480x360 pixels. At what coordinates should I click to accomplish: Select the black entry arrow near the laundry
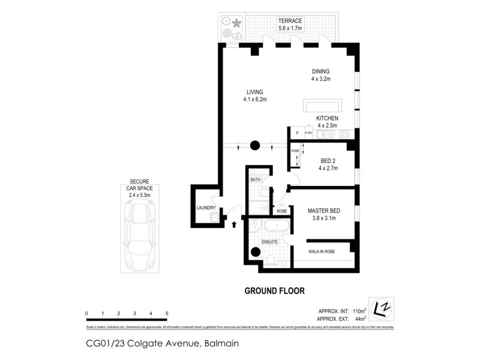tap(234, 225)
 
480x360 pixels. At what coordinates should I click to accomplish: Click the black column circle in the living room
tap(254, 145)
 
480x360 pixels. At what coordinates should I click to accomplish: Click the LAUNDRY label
tap(206, 208)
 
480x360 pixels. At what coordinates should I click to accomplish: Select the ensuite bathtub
tap(276, 226)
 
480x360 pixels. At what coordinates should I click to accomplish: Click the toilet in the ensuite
tap(272, 259)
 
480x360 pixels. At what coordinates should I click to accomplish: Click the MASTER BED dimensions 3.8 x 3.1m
tap(325, 219)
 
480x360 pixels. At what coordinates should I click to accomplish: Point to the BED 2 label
tap(328, 160)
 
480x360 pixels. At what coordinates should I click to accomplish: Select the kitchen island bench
tap(322, 105)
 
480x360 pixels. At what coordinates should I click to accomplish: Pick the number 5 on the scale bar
tap(167, 314)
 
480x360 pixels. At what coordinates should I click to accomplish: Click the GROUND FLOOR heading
tap(274, 291)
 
